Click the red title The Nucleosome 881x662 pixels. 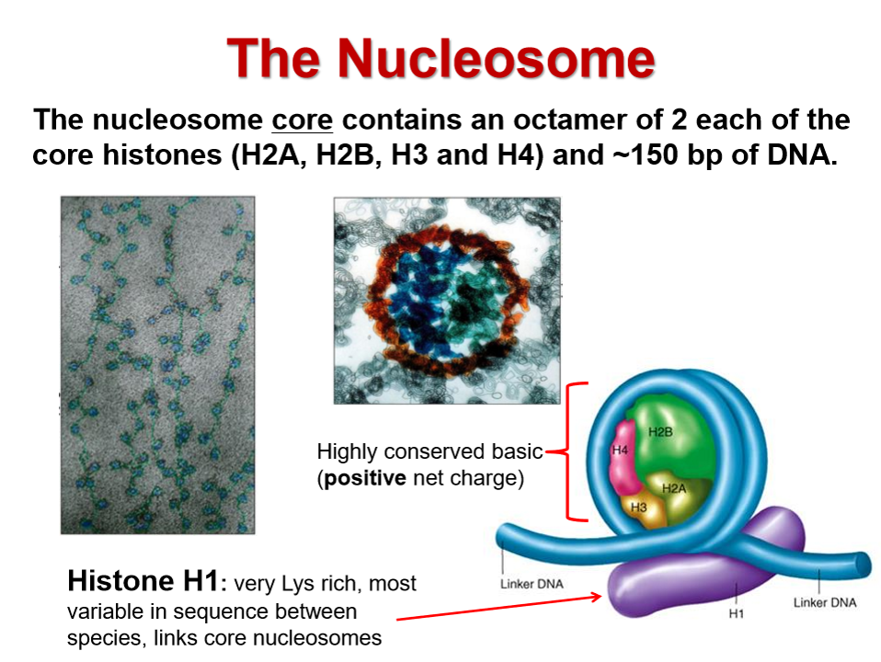441,59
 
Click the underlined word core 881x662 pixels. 303,120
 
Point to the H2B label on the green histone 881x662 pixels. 660,431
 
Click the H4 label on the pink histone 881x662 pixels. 620,450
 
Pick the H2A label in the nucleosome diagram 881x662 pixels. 674,488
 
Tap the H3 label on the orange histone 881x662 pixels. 638,508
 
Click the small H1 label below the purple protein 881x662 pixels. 736,613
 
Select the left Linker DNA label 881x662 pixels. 532,584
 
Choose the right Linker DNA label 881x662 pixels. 825,602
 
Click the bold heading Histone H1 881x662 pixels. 143,580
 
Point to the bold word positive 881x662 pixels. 365,478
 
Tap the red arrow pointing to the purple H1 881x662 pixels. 499,608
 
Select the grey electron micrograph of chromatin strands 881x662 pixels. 158,365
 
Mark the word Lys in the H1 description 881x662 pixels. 299,584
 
